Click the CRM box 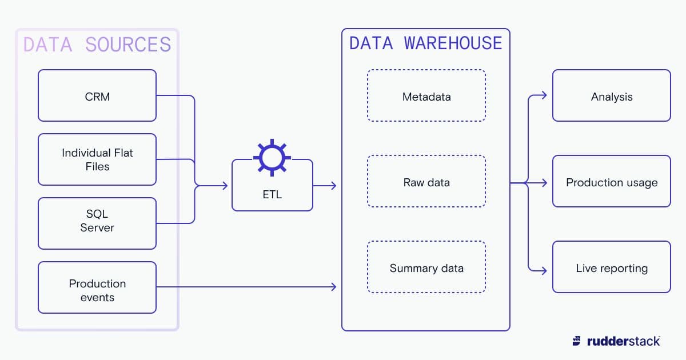click(x=97, y=95)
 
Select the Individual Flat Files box click(x=97, y=159)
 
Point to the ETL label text click(x=272, y=195)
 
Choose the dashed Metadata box click(x=426, y=95)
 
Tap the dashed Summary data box click(x=426, y=267)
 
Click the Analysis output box click(x=612, y=95)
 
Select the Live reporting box click(x=612, y=267)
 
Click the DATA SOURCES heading click(x=97, y=45)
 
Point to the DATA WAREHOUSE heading click(x=426, y=43)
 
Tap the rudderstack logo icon click(x=576, y=341)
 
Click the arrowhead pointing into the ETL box click(x=225, y=186)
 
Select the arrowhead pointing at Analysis click(x=544, y=95)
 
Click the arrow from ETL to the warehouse click(x=326, y=186)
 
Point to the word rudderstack click(x=623, y=341)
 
